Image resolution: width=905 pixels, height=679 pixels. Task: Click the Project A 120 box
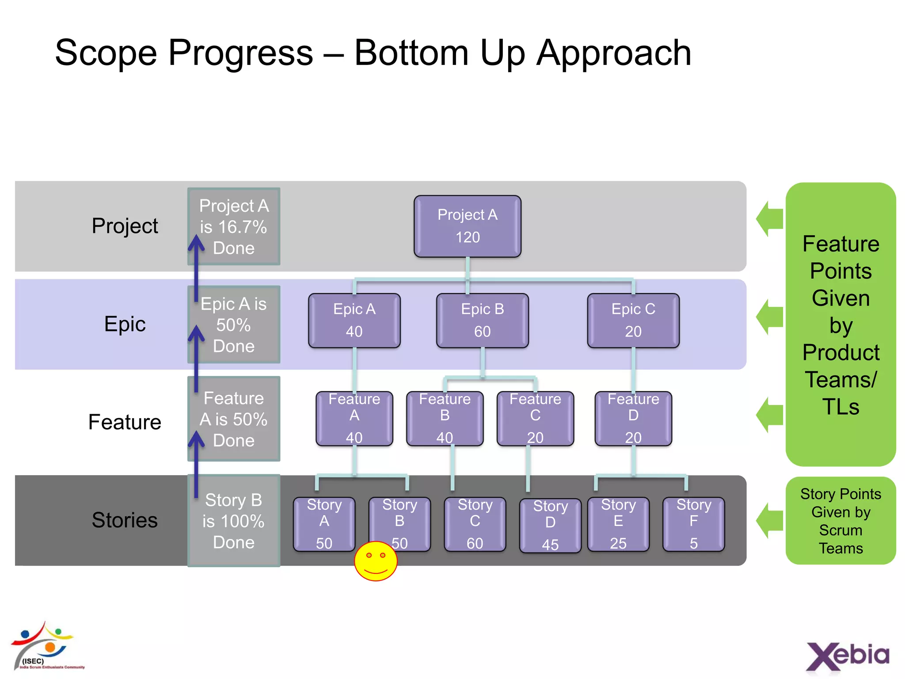[x=467, y=226]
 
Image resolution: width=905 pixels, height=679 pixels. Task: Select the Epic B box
[x=482, y=320]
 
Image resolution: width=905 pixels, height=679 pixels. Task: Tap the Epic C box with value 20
[x=633, y=320]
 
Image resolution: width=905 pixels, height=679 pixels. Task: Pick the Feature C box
[x=535, y=418]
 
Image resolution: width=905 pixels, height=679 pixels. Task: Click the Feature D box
[x=633, y=418]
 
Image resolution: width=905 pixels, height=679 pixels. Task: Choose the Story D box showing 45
[x=550, y=525]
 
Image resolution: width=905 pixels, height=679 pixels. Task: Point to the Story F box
[x=693, y=524]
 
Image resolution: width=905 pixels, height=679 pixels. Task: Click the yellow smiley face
[x=376, y=561]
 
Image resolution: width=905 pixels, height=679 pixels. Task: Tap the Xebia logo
[x=847, y=656]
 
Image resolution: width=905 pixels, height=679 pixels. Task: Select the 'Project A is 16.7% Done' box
[x=233, y=226]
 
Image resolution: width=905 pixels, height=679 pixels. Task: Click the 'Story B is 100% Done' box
[x=233, y=521]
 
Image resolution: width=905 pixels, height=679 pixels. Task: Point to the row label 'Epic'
[x=125, y=324]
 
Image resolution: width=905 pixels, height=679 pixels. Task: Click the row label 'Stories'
[x=125, y=520]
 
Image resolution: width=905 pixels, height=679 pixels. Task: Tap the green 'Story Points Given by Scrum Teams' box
[x=840, y=520]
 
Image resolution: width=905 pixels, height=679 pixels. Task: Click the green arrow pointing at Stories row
[x=769, y=520]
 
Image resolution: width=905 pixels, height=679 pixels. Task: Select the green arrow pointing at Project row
[x=769, y=218]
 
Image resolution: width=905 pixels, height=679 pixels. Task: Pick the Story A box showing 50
[x=324, y=524]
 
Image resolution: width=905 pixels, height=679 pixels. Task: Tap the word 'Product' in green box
[x=840, y=352]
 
